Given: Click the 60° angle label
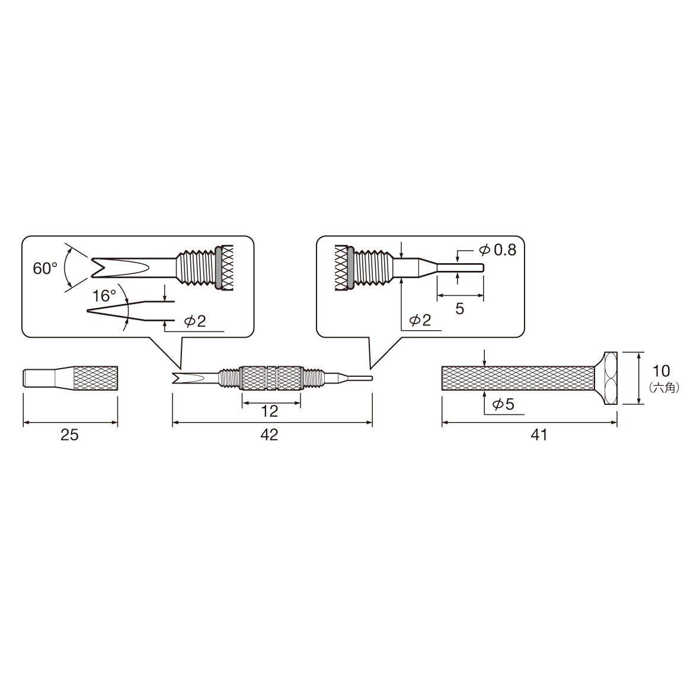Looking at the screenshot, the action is tap(45, 269).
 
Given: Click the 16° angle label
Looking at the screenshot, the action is tap(104, 296).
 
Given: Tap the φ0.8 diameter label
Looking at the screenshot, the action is tap(498, 250).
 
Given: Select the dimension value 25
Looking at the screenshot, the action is tap(69, 434).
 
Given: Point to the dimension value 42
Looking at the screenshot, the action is tap(269, 434).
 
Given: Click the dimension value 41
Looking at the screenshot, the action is tap(539, 434).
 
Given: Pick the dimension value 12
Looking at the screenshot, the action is tap(269, 411).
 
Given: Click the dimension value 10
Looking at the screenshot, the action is tap(661, 370).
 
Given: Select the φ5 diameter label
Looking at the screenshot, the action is tap(503, 404).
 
